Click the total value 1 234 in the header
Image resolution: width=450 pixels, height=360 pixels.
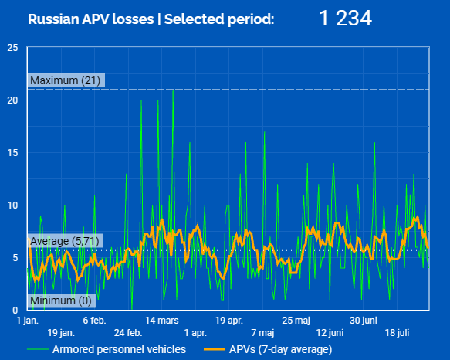[345, 19]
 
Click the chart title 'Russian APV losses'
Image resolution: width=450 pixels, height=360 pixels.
[91, 19]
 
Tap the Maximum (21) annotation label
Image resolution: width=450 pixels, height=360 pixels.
[66, 80]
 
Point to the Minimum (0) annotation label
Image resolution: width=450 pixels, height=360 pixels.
[61, 301]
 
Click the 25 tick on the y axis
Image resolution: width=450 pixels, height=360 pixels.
[12, 48]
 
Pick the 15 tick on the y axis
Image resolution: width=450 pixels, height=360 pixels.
[12, 153]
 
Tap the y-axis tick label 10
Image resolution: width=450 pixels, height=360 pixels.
[12, 205]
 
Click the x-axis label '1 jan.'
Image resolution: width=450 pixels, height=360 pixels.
[27, 321]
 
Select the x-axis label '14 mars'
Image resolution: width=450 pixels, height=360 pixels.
[162, 321]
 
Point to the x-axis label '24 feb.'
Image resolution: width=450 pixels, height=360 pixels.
[128, 333]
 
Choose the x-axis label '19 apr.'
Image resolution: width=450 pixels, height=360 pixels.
[229, 321]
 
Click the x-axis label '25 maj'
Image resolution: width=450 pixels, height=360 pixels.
[296, 321]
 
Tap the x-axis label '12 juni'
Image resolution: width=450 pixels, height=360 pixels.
[330, 333]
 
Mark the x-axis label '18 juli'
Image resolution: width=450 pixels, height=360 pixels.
[397, 333]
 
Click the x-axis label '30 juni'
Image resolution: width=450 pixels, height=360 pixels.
[364, 321]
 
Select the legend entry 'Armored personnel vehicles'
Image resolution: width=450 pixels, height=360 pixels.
[107, 349]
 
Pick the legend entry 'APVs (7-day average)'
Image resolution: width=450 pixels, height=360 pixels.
[268, 349]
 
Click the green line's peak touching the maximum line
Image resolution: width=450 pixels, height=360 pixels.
[173, 90]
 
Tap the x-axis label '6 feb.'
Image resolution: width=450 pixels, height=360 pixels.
[94, 321]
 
